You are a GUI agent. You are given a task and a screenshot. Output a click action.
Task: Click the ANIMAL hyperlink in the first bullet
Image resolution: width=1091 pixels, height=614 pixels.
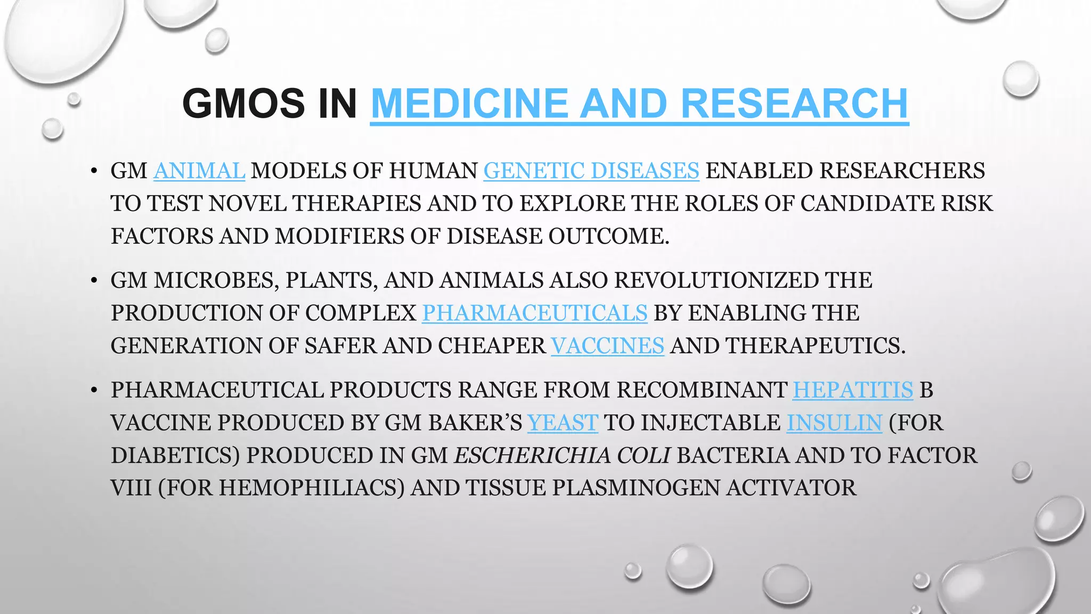pyautogui.click(x=199, y=171)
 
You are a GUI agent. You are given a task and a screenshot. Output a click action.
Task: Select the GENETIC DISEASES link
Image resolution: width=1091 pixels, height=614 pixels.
pyautogui.click(x=591, y=171)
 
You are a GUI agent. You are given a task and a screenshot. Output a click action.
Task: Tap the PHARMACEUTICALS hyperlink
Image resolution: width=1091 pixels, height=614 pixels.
pyautogui.click(x=535, y=313)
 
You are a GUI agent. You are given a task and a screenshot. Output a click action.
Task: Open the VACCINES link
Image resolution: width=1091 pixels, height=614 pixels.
pyautogui.click(x=607, y=346)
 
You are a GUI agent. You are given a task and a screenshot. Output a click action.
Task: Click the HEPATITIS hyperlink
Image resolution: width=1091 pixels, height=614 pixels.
pyautogui.click(x=853, y=390)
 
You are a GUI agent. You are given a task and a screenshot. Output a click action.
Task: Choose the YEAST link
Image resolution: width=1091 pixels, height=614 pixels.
pyautogui.click(x=563, y=423)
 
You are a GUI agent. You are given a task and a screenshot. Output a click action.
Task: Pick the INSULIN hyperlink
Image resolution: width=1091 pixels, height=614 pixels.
pyautogui.click(x=834, y=423)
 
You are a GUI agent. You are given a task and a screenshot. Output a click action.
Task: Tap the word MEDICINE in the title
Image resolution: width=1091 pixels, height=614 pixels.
pyautogui.click(x=469, y=103)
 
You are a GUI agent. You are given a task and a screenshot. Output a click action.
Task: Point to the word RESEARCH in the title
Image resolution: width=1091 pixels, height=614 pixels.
pyautogui.click(x=794, y=103)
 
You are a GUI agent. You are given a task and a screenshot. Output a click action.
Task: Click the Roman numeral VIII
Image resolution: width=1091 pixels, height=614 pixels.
pyautogui.click(x=131, y=488)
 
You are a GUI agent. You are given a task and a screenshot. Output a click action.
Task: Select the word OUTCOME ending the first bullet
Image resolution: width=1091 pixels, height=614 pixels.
pyautogui.click(x=607, y=236)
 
